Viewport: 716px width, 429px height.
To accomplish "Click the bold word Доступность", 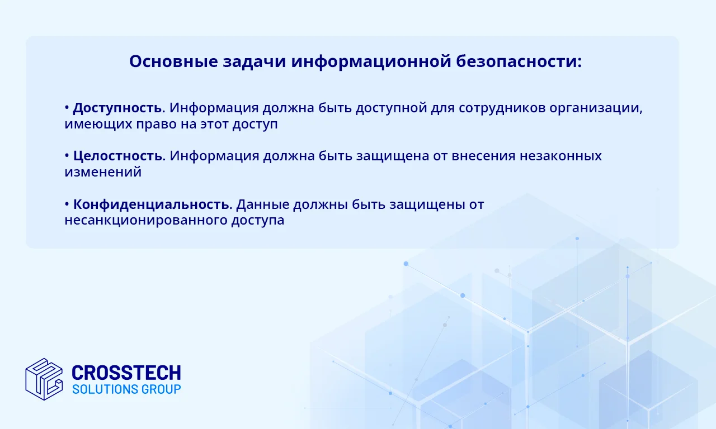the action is click(117, 108).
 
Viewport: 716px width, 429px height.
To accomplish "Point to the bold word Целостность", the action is click(117, 156).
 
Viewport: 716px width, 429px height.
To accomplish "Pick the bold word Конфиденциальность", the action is click(152, 204).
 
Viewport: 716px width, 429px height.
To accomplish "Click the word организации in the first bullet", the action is click(596, 108).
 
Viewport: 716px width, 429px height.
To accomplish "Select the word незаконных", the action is click(560, 156).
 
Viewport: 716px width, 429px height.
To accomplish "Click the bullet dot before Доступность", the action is click(67, 108).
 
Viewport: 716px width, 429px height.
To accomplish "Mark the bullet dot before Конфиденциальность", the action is click(67, 204).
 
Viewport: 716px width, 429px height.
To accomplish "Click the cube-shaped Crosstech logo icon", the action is click(44, 379).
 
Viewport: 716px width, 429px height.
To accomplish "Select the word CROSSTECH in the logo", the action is click(126, 373).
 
